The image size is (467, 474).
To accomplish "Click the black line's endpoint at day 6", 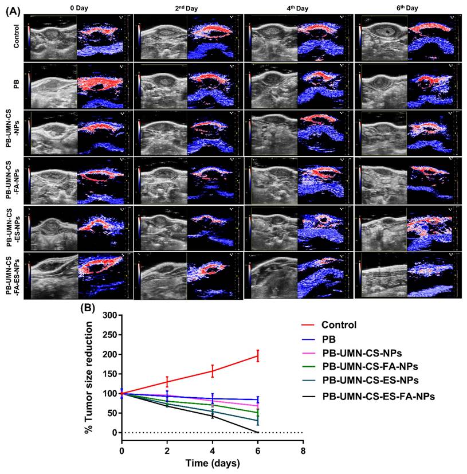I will click(x=258, y=432).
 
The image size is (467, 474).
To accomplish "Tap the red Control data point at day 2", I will click(x=167, y=382).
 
